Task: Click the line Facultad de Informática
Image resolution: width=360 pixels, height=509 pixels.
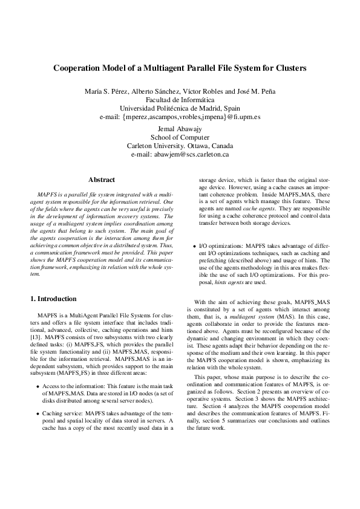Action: point(180,100)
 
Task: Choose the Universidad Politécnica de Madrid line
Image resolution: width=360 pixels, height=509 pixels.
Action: point(180,108)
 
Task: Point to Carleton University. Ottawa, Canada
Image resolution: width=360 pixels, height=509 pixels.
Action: point(180,146)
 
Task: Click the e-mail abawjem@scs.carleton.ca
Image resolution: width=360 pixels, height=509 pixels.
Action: point(180,154)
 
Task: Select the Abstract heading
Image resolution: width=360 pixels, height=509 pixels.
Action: point(102,180)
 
